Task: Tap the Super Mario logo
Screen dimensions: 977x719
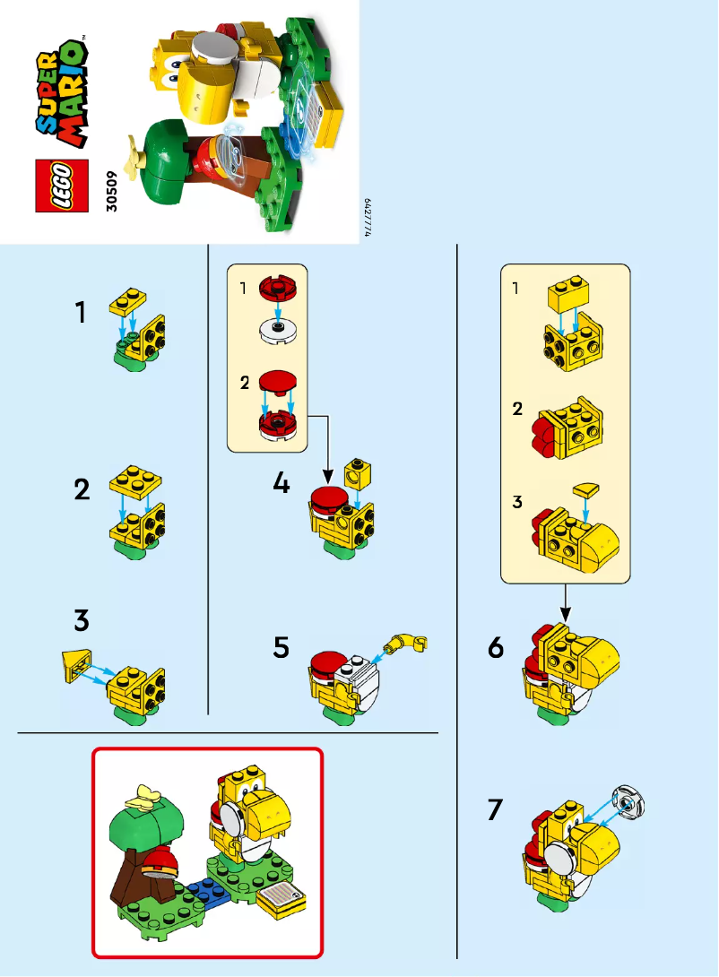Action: pyautogui.click(x=63, y=92)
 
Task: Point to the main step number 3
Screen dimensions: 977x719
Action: pyautogui.click(x=82, y=619)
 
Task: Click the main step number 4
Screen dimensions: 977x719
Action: pyautogui.click(x=282, y=484)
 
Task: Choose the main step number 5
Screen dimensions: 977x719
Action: pyautogui.click(x=282, y=646)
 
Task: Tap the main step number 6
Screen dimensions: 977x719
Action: pyautogui.click(x=496, y=647)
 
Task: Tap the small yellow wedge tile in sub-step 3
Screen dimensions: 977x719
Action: pyautogui.click(x=588, y=489)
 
